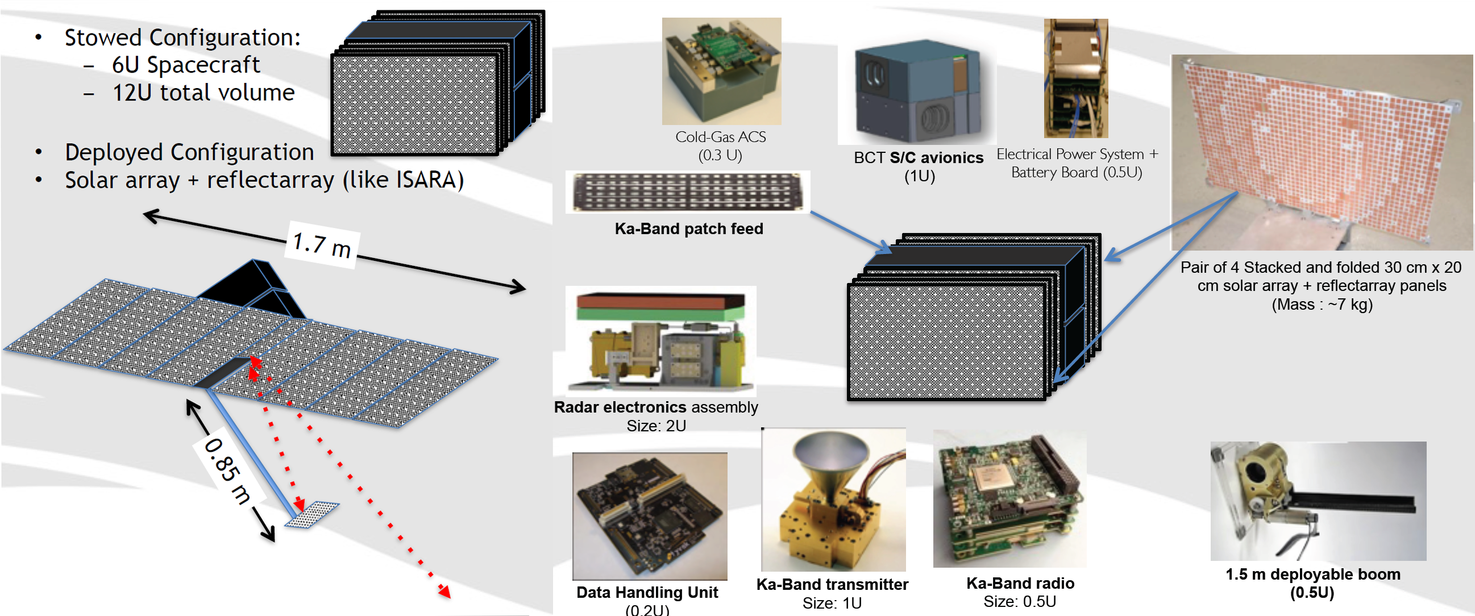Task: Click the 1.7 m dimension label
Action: [322, 245]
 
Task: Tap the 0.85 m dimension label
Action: [228, 471]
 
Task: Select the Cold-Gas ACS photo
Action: [721, 71]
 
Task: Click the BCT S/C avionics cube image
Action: [917, 91]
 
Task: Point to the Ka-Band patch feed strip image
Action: [688, 192]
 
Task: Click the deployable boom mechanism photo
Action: [1317, 501]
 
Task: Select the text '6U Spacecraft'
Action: [185, 65]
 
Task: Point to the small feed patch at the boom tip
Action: [312, 514]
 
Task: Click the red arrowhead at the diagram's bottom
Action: [444, 592]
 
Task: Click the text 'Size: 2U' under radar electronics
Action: [655, 426]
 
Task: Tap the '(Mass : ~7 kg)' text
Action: [1322, 305]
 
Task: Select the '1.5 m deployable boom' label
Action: [1312, 574]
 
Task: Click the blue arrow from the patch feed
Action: [850, 232]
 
